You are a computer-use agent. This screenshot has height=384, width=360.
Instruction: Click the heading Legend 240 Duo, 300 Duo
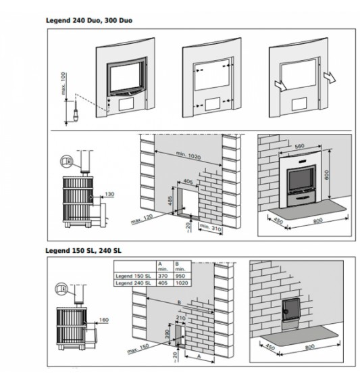pyautogui.click(x=89, y=20)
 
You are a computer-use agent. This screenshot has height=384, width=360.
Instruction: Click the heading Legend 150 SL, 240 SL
pyautogui.click(x=83, y=251)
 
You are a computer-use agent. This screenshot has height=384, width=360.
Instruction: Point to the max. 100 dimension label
pyautogui.click(x=63, y=83)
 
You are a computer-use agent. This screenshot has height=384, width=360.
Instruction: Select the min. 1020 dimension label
pyautogui.click(x=188, y=155)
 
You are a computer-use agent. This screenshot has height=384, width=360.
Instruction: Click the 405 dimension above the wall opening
pyautogui.click(x=188, y=181)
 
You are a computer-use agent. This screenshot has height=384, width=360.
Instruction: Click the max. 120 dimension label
pyautogui.click(x=142, y=219)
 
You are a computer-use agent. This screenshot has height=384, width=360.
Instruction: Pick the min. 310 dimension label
pyautogui.click(x=211, y=227)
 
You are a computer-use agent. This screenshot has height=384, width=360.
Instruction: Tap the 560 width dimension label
pyautogui.click(x=299, y=146)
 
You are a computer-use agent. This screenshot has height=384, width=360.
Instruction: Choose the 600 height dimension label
pyautogui.click(x=327, y=175)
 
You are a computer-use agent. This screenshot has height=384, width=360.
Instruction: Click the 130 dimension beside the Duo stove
pyautogui.click(x=109, y=194)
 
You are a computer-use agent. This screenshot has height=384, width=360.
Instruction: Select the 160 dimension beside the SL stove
pyautogui.click(x=104, y=320)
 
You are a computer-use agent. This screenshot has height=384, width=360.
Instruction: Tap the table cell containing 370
pyautogui.click(x=165, y=276)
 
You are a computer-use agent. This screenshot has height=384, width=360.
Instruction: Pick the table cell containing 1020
pyautogui.click(x=182, y=283)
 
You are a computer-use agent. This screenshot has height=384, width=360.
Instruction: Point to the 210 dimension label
pyautogui.click(x=180, y=318)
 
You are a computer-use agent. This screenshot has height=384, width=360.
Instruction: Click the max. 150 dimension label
pyautogui.click(x=138, y=348)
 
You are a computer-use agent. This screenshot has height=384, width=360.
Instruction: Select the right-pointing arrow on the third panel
pyautogui.click(x=330, y=77)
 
